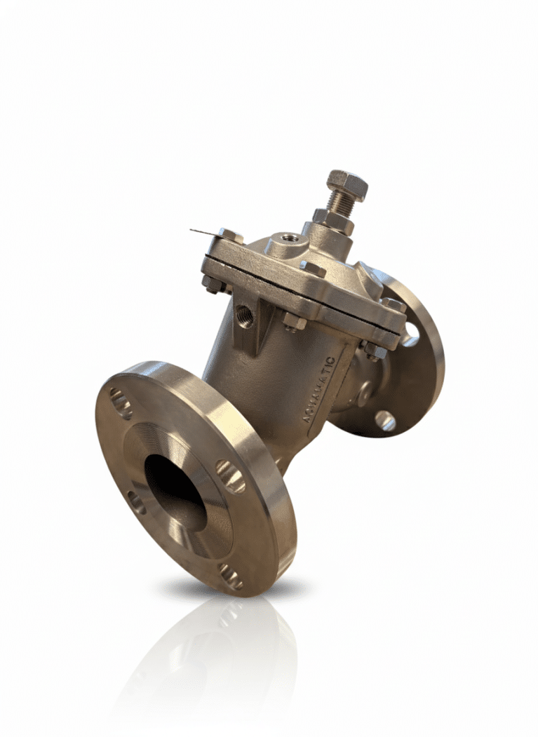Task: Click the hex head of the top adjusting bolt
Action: click(347, 184)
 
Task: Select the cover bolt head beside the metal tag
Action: click(229, 236)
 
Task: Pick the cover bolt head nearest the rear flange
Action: click(393, 305)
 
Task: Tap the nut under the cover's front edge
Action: click(294, 321)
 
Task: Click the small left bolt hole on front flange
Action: click(135, 502)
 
